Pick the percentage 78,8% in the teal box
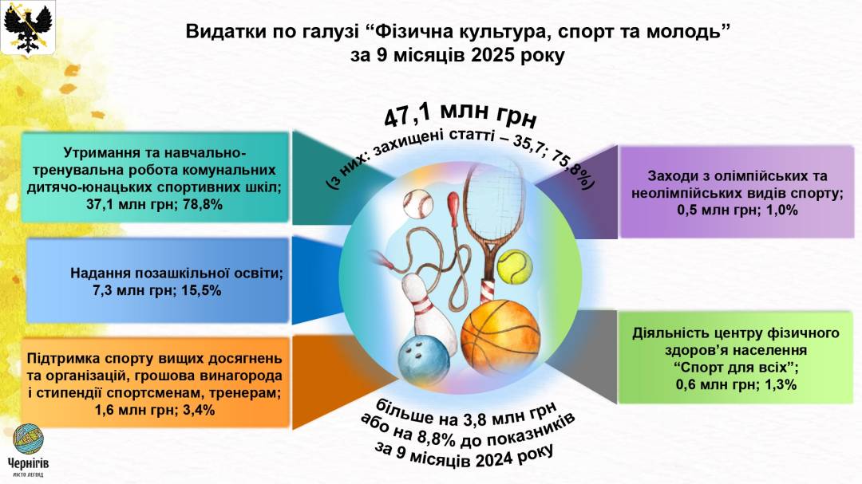click(x=201, y=205)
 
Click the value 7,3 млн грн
click(x=134, y=290)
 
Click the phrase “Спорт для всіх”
click(x=731, y=367)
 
